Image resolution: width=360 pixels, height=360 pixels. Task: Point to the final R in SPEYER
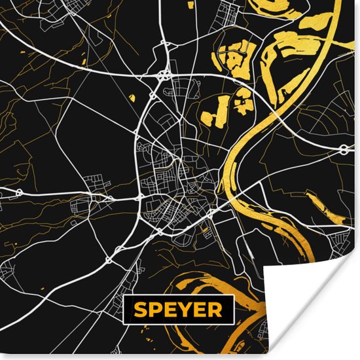215,310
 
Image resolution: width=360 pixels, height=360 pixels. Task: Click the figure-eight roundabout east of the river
343,150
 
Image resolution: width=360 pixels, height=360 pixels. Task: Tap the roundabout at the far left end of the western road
20,192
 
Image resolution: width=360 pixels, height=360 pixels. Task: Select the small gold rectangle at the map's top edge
190,5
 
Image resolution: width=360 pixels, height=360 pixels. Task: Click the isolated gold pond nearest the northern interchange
133,98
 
